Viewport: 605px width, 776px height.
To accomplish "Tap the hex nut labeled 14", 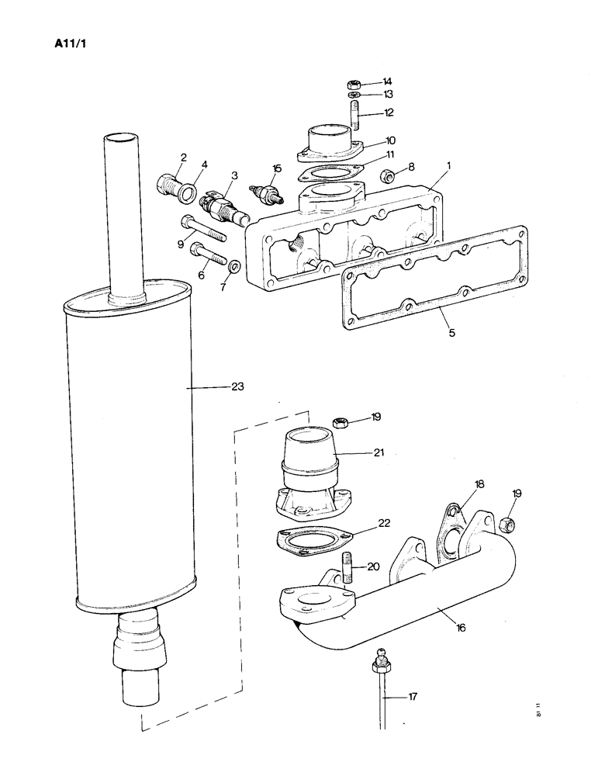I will (351, 83).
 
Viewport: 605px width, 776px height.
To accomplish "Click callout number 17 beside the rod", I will (413, 697).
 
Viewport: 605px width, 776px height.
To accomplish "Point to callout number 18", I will (479, 483).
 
